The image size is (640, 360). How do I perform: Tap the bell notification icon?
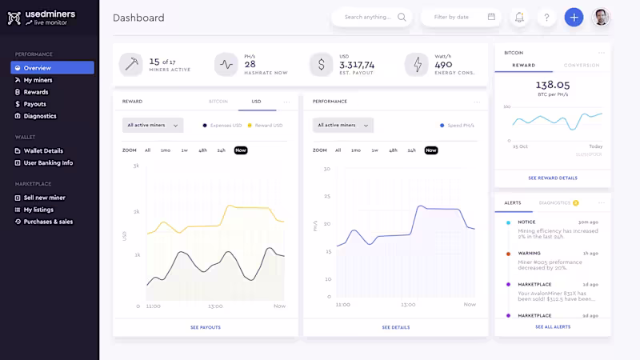519,17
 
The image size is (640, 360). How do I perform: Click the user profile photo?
601,17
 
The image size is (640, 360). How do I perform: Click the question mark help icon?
546,17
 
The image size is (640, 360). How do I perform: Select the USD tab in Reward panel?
256,102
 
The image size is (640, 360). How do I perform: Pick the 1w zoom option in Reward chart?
184,150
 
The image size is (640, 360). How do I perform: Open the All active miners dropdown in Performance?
342,125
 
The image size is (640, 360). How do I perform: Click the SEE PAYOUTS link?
206,327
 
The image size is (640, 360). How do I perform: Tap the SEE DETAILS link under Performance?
395,327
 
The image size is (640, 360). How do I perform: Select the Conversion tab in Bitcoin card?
581,65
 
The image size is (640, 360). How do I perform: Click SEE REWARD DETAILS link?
552,178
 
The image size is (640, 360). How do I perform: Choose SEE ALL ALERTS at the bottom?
552,326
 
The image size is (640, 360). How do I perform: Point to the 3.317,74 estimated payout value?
357,65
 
